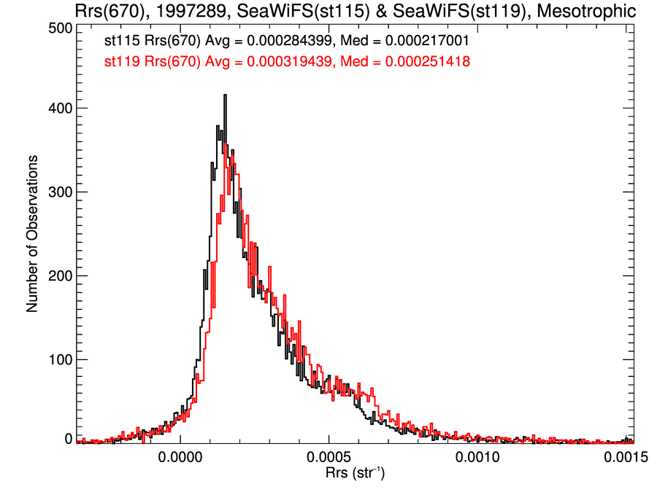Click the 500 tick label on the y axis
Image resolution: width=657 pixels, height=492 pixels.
tap(58, 28)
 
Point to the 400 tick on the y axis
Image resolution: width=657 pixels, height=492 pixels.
tap(58, 108)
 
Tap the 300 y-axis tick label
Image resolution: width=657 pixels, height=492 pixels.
tap(58, 192)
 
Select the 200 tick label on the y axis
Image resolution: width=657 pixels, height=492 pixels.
tap(58, 276)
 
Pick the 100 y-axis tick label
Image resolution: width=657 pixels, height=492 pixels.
tap(58, 359)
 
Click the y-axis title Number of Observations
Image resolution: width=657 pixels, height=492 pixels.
tap(32, 234)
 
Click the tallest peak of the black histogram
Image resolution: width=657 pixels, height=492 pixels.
tap(225, 95)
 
